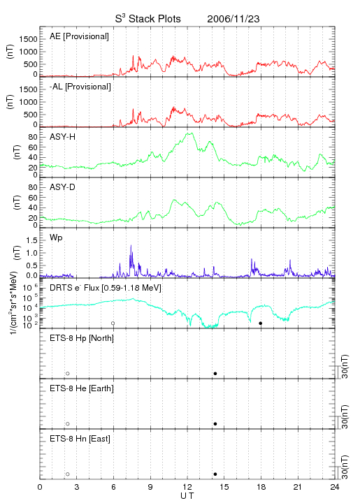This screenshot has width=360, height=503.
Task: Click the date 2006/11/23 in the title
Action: [x=233, y=19]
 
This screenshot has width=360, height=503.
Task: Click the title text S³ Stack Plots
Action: [x=148, y=19]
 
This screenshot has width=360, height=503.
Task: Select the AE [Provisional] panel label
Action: [x=79, y=36]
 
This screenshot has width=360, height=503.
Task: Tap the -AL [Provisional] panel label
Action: [x=80, y=87]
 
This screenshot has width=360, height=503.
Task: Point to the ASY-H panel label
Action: [x=63, y=137]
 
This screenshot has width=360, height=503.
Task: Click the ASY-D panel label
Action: [x=63, y=187]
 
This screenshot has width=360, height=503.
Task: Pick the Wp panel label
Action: [x=56, y=238]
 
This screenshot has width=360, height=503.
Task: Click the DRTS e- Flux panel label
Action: [x=106, y=288]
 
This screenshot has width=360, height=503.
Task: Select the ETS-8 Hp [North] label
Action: [x=82, y=338]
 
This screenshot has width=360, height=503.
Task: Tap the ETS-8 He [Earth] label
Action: [x=82, y=388]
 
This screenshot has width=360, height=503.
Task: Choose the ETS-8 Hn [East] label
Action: [x=80, y=439]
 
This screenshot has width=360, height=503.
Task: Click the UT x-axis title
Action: [x=187, y=495]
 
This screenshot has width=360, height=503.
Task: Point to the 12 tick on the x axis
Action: [x=187, y=487]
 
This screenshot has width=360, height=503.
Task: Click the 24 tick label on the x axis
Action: [x=335, y=487]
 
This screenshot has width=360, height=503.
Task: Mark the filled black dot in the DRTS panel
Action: [x=261, y=323]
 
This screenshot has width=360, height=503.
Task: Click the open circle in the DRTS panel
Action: [x=113, y=323]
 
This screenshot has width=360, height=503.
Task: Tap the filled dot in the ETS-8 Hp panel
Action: [x=215, y=374]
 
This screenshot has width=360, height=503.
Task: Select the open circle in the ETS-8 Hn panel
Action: [x=68, y=474]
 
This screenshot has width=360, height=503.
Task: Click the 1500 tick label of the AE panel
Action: [x=28, y=39]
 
